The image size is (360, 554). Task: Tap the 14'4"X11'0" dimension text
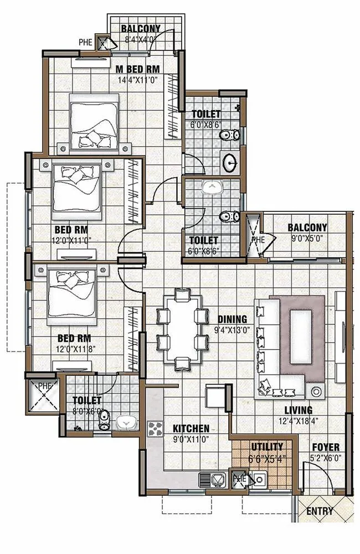(x=137, y=80)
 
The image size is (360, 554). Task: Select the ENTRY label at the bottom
(x=320, y=511)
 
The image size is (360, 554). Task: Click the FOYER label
(x=326, y=447)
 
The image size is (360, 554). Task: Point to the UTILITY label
(x=267, y=447)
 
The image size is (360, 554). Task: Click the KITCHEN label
(x=191, y=429)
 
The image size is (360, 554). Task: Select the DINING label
(x=232, y=319)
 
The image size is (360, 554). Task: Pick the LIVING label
(x=299, y=411)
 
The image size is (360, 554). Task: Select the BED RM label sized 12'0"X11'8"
(x=80, y=338)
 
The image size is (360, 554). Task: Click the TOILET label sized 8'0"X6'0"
(x=86, y=400)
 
